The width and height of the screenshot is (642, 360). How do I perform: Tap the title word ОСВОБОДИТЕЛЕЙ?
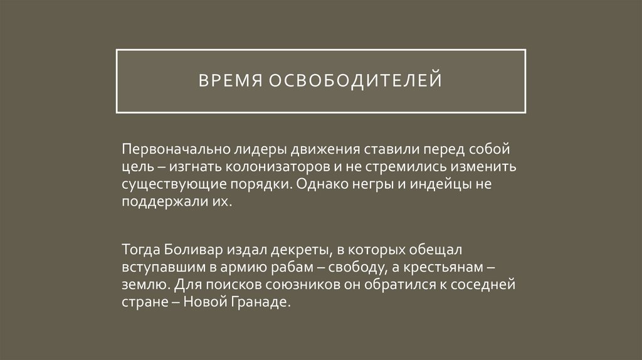coord(356,81)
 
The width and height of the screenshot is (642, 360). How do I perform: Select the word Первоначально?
coord(166,151)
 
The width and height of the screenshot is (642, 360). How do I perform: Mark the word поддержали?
coord(159,203)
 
